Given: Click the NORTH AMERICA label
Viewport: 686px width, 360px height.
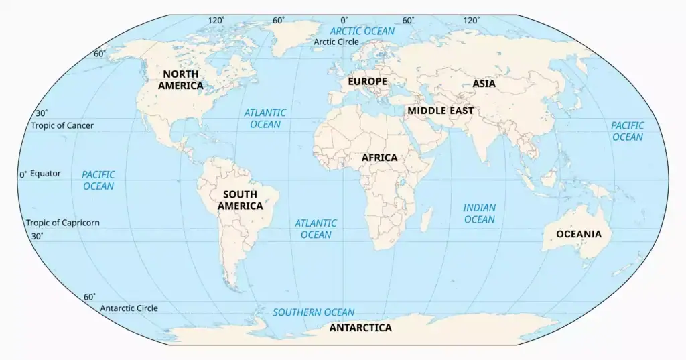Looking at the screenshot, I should [181, 80].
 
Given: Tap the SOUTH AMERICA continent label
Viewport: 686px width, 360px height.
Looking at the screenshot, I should [240, 200].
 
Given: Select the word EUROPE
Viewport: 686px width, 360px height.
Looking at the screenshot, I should [367, 82].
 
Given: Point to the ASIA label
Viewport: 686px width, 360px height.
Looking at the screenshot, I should [484, 84].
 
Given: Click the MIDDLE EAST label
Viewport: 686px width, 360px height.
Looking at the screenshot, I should [441, 111].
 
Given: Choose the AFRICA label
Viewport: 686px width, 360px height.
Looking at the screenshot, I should [379, 158].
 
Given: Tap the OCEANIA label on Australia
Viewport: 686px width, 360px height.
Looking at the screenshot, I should [579, 235].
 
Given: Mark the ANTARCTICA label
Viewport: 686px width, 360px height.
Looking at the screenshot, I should [360, 328].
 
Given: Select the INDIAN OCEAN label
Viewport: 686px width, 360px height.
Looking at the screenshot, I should [479, 213].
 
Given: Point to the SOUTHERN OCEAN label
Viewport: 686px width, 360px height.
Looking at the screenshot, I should [314, 312].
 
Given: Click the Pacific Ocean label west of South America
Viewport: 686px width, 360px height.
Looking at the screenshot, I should [98, 180].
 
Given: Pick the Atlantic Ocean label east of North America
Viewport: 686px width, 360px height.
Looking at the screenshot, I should [265, 119].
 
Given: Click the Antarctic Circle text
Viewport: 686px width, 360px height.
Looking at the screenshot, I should [129, 308].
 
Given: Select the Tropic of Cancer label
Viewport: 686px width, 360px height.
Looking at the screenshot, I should [62, 125].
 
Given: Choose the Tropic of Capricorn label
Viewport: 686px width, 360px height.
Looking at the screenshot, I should [62, 223].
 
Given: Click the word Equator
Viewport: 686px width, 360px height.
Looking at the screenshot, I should [46, 174].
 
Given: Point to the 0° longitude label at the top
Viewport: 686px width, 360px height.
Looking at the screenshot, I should [344, 21].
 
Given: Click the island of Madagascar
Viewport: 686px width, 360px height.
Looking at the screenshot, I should [426, 218].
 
